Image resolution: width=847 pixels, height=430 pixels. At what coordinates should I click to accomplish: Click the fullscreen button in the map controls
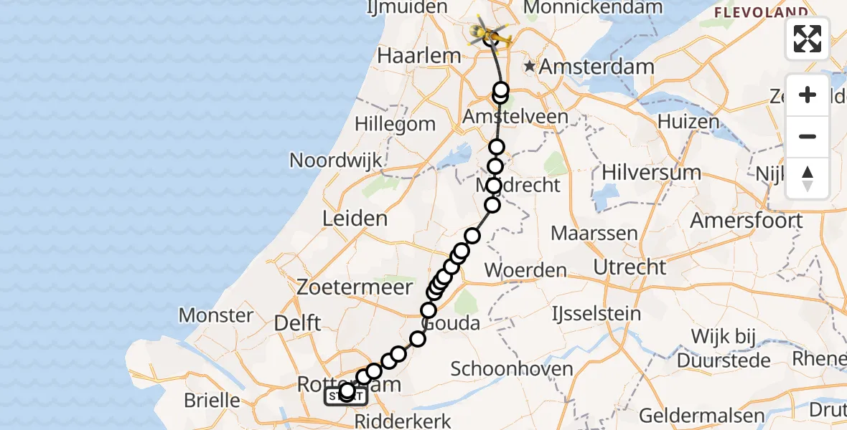[808, 39]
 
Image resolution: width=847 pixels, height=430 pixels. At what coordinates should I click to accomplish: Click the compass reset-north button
[808, 178]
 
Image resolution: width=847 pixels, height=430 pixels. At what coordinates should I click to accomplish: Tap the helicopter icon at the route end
[490, 32]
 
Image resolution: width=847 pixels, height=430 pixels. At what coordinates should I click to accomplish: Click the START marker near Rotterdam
[346, 396]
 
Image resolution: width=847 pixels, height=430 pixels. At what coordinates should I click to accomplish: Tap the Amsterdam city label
[596, 67]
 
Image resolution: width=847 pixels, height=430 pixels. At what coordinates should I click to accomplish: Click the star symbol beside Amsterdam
[530, 67]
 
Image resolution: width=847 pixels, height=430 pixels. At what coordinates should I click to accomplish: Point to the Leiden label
[355, 219]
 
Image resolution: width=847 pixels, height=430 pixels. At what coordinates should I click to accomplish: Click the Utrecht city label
[630, 267]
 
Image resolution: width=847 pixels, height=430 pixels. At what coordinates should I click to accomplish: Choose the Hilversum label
[652, 173]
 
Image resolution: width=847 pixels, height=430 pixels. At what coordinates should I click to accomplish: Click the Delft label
[298, 323]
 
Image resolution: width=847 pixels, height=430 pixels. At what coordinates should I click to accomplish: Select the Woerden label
[525, 271]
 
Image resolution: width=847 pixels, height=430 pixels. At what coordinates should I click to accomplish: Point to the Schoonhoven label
[512, 369]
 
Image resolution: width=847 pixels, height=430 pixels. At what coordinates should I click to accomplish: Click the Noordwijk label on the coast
[336, 160]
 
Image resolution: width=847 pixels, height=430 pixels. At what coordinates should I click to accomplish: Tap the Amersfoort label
[747, 221]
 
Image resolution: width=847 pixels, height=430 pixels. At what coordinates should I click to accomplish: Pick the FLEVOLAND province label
[761, 13]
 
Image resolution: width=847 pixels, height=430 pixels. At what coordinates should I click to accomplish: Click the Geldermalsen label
[691, 416]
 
